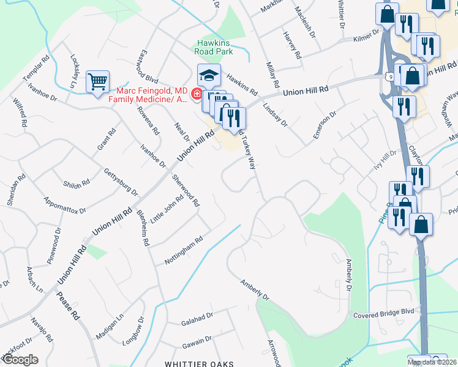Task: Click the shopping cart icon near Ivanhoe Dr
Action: coord(98,81)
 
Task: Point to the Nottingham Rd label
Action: coord(183,251)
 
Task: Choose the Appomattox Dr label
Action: coord(64,205)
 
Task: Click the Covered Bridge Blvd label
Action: coord(384,313)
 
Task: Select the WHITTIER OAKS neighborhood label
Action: coord(199,364)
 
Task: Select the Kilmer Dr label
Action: coord(366,39)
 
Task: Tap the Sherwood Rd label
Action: coord(186,190)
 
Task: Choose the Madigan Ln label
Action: coord(109,327)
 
